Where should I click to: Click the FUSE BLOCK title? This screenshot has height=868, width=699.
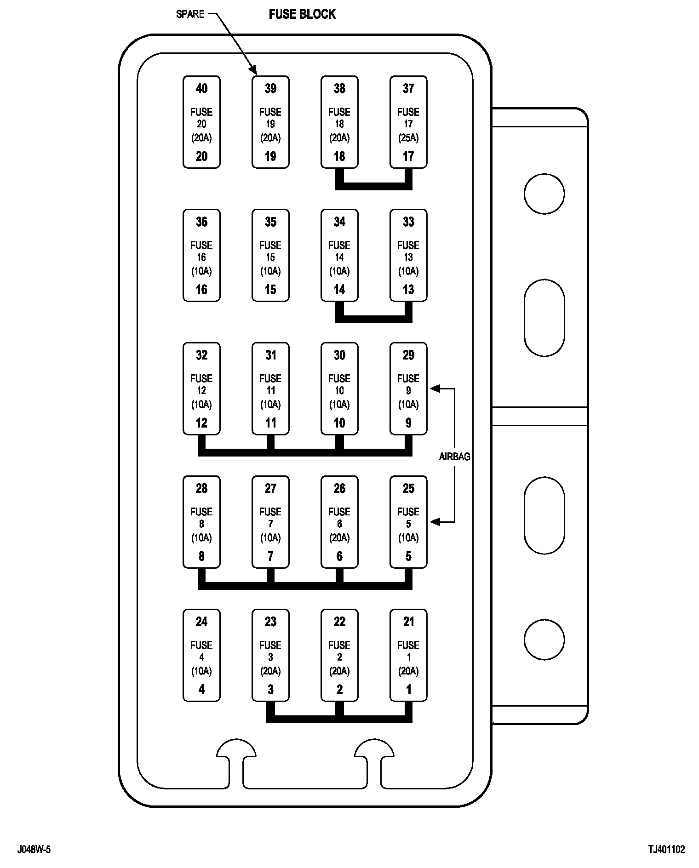tap(302, 14)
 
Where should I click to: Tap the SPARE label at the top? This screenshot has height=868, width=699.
tap(190, 14)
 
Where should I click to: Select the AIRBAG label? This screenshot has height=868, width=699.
tap(454, 457)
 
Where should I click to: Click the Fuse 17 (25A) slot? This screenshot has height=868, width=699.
tap(408, 122)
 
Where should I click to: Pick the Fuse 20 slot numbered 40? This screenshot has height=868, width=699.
tap(201, 122)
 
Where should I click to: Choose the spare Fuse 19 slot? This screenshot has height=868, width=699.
tap(270, 122)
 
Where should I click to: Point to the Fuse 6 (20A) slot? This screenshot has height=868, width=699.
tap(339, 522)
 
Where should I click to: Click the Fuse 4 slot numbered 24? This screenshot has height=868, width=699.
tap(201, 655)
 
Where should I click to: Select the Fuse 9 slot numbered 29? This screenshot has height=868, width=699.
tap(408, 388)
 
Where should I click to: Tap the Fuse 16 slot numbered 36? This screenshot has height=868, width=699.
tap(201, 255)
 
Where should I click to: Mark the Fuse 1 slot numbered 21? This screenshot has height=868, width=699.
tap(408, 655)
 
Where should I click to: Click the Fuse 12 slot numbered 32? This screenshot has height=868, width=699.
tap(201, 388)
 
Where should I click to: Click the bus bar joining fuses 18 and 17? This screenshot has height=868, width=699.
tap(373, 186)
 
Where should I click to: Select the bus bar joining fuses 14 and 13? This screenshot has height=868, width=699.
tap(373, 319)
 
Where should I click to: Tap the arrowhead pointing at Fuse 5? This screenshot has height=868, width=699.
tap(435, 522)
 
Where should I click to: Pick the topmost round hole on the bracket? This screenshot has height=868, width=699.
tap(544, 194)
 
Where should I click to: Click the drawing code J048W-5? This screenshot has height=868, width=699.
tap(34, 849)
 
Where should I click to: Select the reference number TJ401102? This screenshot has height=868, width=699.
tap(666, 849)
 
